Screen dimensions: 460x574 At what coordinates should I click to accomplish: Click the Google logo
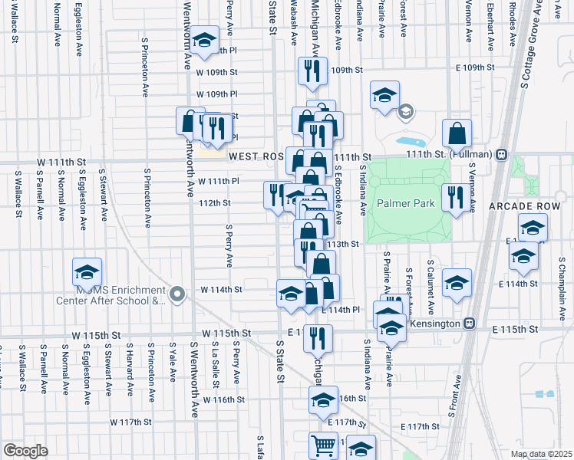(x=25, y=451)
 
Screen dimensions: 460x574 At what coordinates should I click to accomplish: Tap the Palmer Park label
(x=406, y=204)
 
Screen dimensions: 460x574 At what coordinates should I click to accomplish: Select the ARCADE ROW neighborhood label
(x=536, y=206)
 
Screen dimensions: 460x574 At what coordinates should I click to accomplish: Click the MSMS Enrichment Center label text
(x=121, y=296)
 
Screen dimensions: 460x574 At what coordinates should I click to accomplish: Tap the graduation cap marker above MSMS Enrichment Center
(x=87, y=272)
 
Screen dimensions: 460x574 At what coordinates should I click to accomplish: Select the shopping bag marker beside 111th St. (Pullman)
(x=457, y=133)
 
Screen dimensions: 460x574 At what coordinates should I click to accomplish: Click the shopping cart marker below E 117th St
(x=323, y=445)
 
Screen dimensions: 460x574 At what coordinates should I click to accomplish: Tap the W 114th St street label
(x=221, y=290)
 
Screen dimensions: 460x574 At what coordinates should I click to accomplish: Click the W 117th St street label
(x=131, y=422)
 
